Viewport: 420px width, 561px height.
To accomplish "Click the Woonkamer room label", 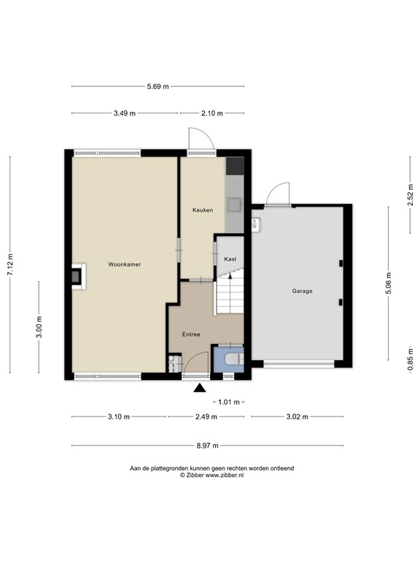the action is [125, 264].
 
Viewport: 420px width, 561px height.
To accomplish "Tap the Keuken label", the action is [203, 210].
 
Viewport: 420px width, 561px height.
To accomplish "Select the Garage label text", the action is [302, 291].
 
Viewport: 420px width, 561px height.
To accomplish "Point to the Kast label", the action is [230, 259].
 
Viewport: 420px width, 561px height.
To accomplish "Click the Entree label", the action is [191, 335].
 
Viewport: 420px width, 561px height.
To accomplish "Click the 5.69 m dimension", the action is [157, 86].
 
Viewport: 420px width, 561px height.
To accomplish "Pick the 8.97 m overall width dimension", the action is [207, 446].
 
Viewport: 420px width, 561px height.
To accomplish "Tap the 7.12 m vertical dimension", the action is [10, 264].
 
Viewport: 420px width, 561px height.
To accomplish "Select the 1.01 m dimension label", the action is [228, 402].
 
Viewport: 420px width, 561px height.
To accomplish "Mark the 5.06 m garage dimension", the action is [389, 283].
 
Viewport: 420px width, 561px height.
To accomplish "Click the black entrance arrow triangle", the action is [200, 388].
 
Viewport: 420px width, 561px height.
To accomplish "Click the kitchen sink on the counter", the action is [235, 204].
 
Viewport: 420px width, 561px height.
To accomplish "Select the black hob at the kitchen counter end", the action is [235, 166].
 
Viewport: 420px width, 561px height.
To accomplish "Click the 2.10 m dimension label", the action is [212, 113].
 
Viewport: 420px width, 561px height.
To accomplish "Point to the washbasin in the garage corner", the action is [257, 224].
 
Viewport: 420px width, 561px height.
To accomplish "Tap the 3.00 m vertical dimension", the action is [39, 327].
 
